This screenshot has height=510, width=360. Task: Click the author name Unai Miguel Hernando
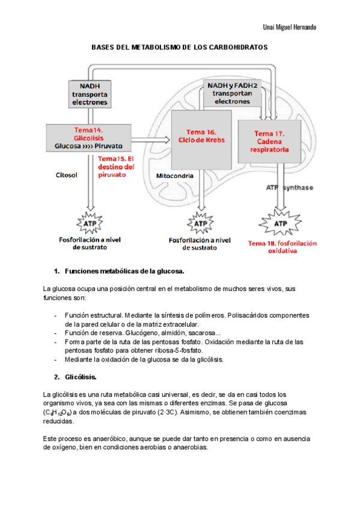[290, 28]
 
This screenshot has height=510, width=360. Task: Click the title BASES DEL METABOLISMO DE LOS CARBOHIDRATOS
[179, 46]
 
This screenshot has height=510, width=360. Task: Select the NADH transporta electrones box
[90, 94]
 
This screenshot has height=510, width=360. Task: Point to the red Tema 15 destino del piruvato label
[115, 167]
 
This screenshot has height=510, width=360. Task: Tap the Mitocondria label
[174, 176]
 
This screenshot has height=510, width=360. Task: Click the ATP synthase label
[289, 188]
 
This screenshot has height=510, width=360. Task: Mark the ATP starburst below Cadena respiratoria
[280, 224]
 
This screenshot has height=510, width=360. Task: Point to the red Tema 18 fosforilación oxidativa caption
[282, 247]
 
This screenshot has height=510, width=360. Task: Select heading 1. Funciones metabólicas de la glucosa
[119, 271]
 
